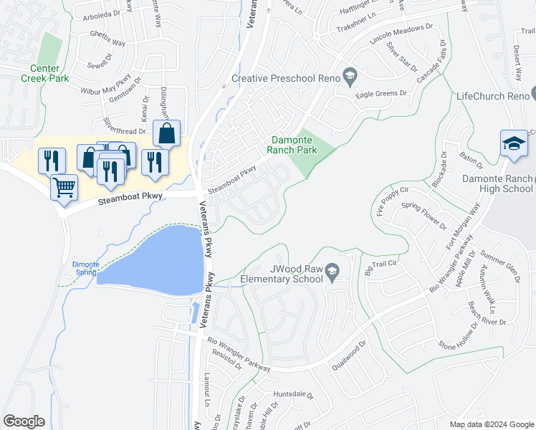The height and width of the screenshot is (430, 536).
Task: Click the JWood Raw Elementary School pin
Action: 332,272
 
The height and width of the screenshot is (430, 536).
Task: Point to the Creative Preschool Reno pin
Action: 350,75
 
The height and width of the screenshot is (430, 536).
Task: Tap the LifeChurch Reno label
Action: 492,96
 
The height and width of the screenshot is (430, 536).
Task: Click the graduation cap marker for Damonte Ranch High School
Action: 513,144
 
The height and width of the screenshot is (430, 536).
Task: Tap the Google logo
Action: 24,421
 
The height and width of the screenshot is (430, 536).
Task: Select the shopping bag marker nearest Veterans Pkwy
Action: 166,133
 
